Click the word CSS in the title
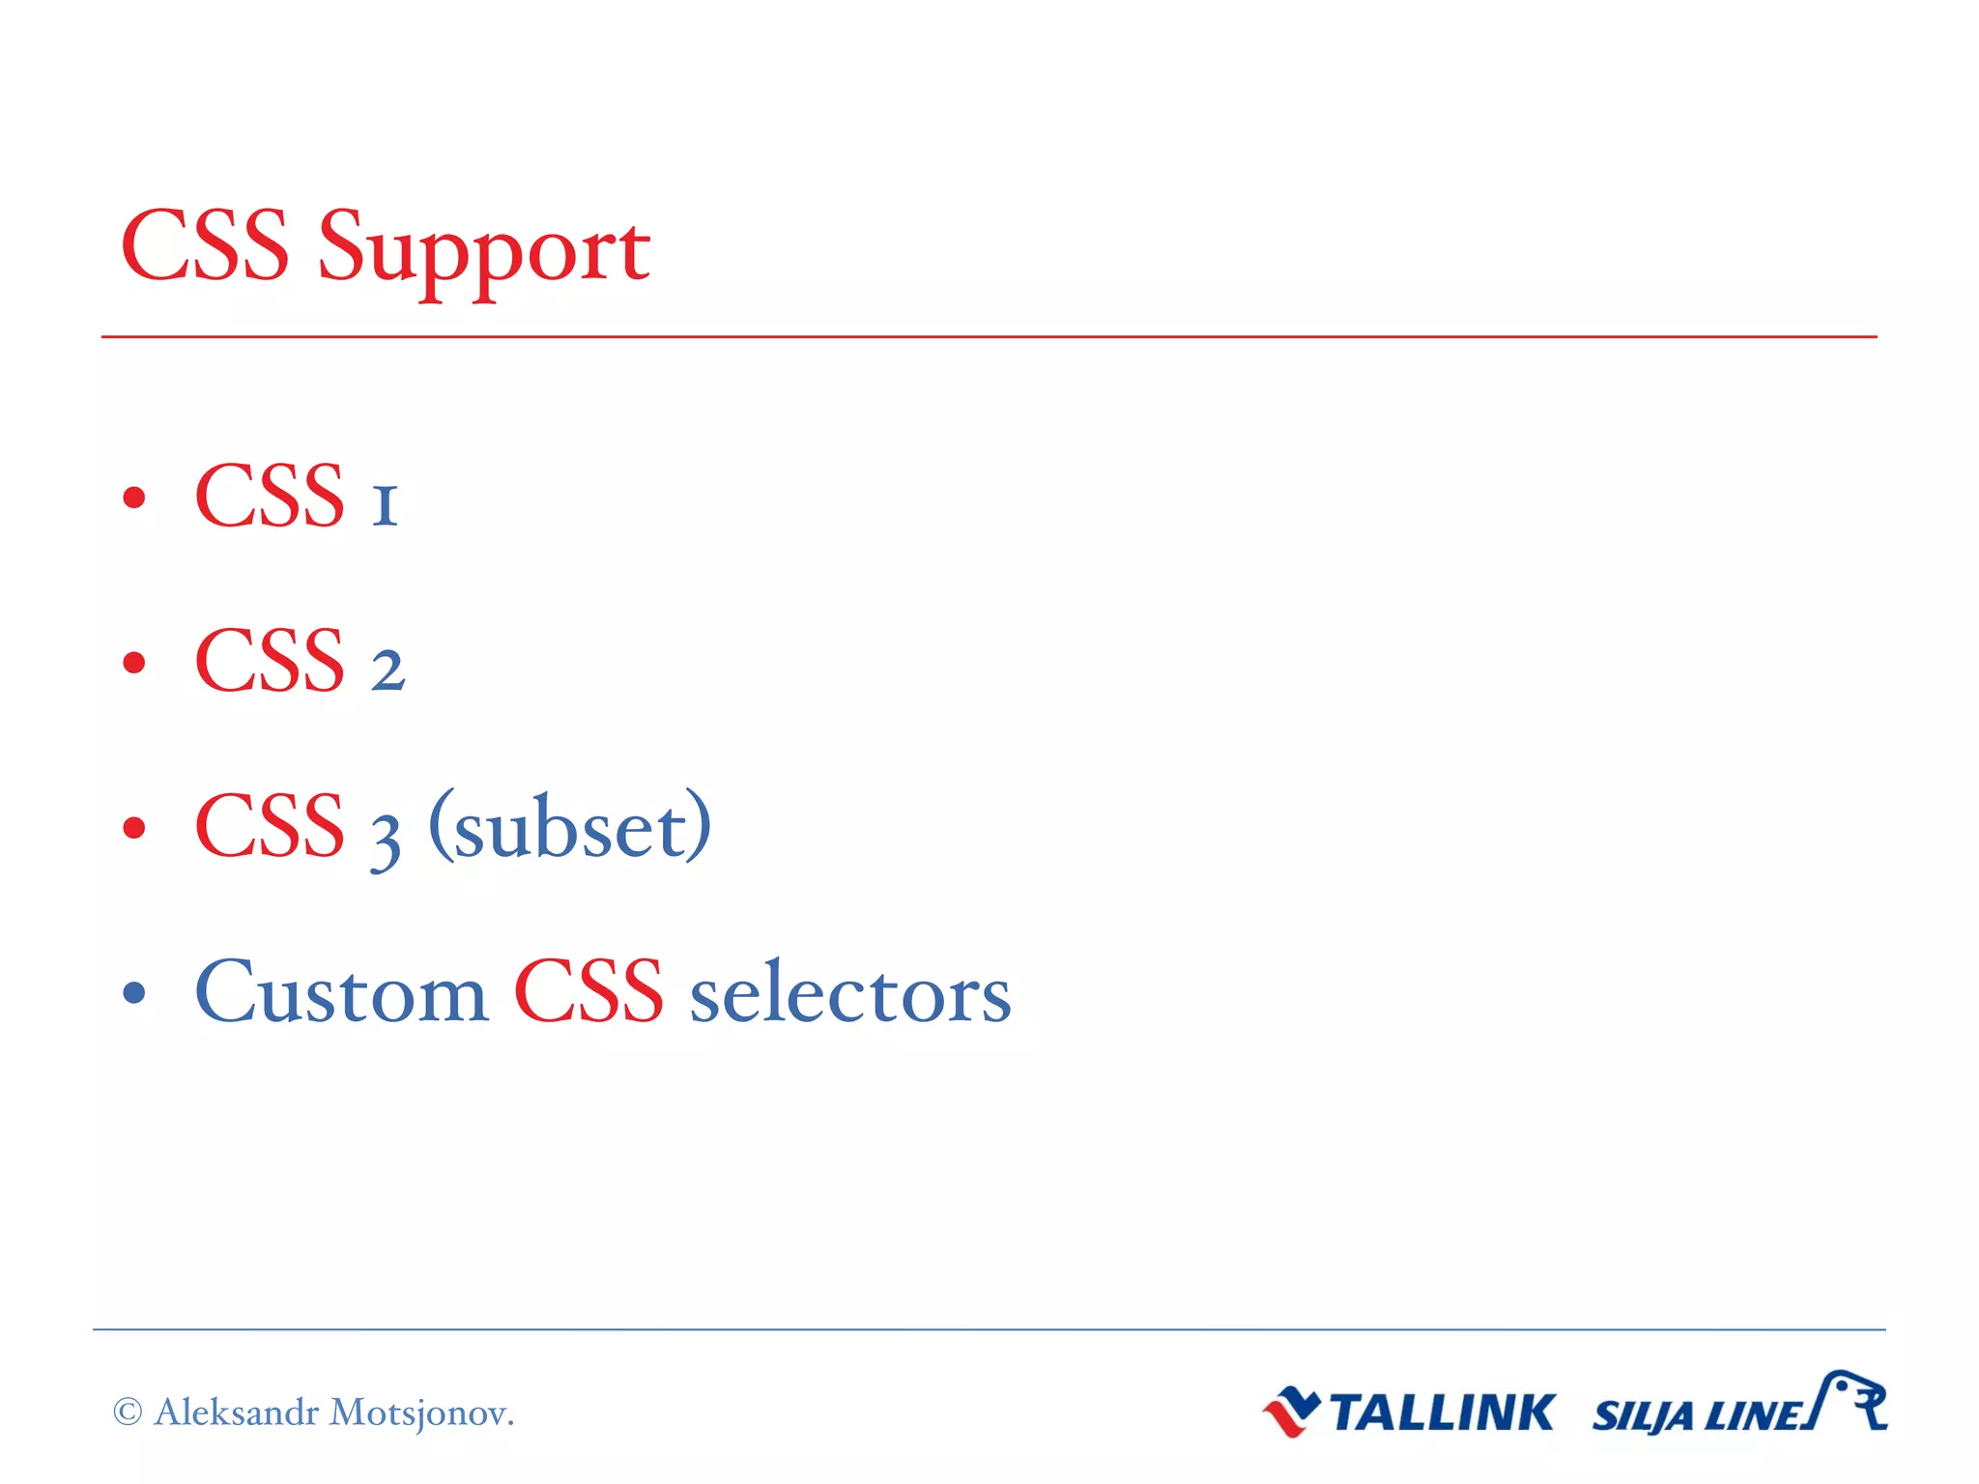[x=205, y=247]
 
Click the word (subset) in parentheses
[x=570, y=828]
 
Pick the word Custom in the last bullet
[x=341, y=993]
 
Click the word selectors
[x=849, y=995]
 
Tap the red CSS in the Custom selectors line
[x=588, y=992]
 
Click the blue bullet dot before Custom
[x=134, y=992]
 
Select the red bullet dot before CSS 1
[x=134, y=498]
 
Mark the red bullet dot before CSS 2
[x=134, y=663]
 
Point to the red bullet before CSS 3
[x=134, y=828]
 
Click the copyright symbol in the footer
[x=128, y=1413]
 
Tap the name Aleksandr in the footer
[x=237, y=1413]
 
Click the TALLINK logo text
[x=1441, y=1413]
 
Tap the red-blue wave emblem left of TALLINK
[x=1290, y=1413]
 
